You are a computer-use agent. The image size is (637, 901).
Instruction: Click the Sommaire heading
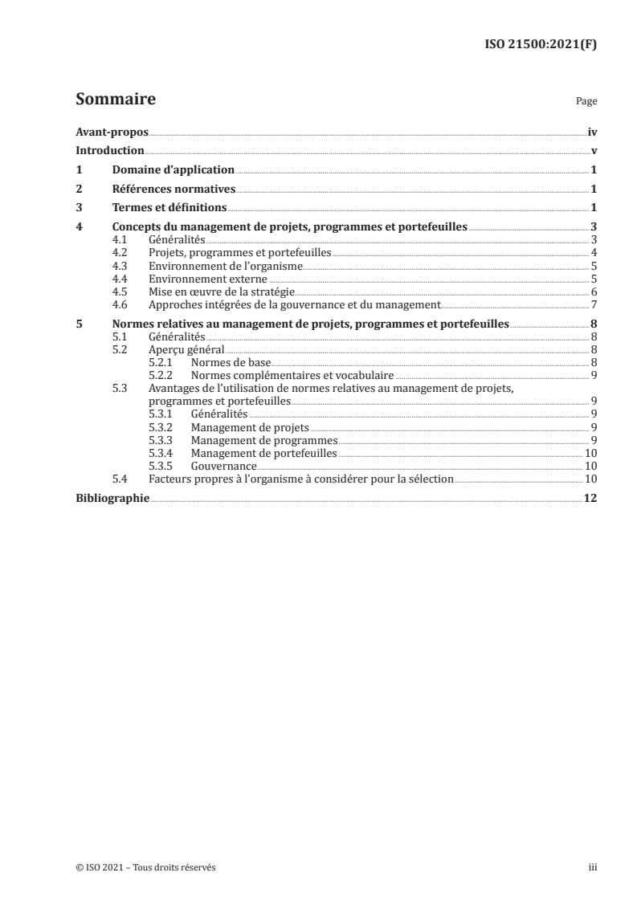pos(115,100)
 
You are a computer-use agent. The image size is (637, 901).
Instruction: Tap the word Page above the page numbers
pos(586,103)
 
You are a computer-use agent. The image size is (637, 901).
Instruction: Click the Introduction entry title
pos(109,151)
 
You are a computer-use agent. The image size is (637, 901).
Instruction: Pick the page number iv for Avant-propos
pos(591,132)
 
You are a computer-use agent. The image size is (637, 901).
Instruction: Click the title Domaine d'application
pos(173,170)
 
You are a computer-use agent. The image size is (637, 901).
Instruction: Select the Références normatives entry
pos(173,190)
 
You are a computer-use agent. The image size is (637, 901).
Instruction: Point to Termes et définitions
pos(169,209)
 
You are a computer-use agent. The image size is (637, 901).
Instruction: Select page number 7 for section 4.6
pos(593,304)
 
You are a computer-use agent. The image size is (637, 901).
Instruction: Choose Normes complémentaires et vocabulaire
pos(292,375)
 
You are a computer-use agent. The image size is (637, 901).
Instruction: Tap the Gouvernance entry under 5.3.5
pos(223,466)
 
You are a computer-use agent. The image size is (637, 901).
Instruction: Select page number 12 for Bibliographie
pos(590,498)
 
